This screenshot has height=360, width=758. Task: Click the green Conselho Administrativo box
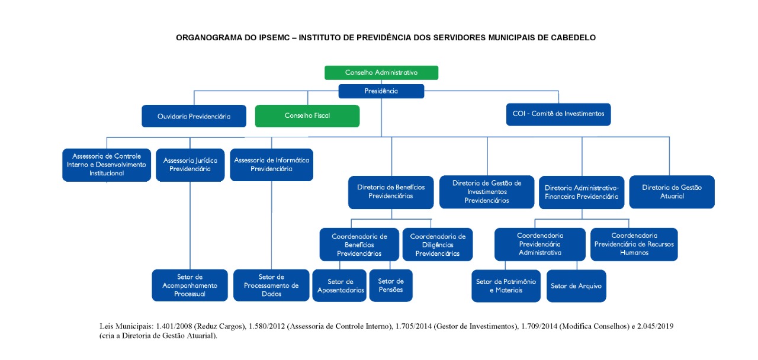coord(381,73)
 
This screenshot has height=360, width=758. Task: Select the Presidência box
coord(381,91)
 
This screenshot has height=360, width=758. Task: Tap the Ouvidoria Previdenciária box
coord(194,116)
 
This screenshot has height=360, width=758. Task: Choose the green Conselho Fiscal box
coord(307,116)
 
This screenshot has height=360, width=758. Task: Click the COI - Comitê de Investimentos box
coord(558,114)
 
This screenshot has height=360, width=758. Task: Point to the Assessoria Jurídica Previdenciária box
coord(190,165)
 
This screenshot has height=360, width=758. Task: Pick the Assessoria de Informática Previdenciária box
coord(271,165)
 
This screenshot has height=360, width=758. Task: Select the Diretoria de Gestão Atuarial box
coord(672,192)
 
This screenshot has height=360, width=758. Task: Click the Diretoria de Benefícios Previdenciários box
coord(391,192)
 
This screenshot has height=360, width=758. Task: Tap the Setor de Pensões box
coord(391,285)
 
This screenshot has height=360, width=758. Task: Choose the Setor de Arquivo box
coord(576,286)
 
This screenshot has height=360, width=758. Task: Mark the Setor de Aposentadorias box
coord(339,285)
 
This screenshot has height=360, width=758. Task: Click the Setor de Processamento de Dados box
coord(271,285)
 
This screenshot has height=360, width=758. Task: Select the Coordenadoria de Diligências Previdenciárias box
coord(438,245)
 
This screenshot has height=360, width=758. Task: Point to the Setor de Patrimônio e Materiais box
coord(506,286)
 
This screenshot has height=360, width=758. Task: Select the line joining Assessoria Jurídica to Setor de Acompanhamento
coord(190,226)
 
